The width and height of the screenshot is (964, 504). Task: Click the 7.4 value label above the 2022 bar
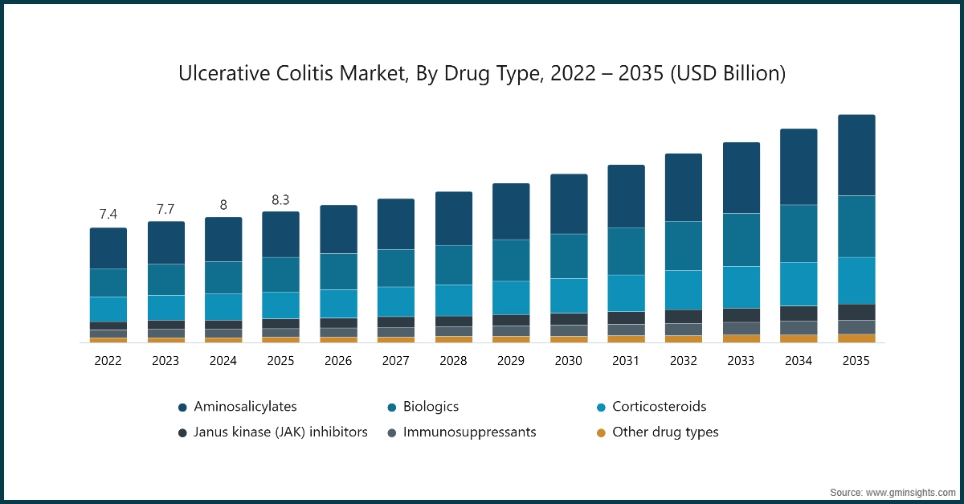tap(108, 214)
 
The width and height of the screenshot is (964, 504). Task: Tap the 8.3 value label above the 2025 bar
tap(280, 199)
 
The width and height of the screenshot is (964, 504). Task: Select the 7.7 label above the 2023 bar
tap(165, 209)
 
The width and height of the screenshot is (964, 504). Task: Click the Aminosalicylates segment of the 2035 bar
tap(856, 155)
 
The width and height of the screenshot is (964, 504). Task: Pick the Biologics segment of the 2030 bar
tap(569, 256)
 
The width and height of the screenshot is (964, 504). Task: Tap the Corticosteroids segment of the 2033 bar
tap(741, 287)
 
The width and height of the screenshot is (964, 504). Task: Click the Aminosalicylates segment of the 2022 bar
tap(108, 248)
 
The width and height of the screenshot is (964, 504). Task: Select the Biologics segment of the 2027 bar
tap(396, 268)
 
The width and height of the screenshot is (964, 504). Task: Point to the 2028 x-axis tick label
tap(453, 362)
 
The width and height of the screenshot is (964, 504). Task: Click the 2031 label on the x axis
tap(626, 362)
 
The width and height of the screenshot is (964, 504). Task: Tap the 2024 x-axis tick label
tap(223, 362)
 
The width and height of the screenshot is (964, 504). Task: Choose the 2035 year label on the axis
tap(856, 362)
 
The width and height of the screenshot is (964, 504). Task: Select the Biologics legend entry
tap(431, 407)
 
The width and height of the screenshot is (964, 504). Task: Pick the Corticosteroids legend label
tap(659, 407)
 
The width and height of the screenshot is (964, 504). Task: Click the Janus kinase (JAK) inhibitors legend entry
tap(280, 432)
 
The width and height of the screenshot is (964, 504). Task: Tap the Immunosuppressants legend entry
tap(469, 432)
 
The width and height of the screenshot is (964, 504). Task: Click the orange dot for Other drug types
tap(600, 432)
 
